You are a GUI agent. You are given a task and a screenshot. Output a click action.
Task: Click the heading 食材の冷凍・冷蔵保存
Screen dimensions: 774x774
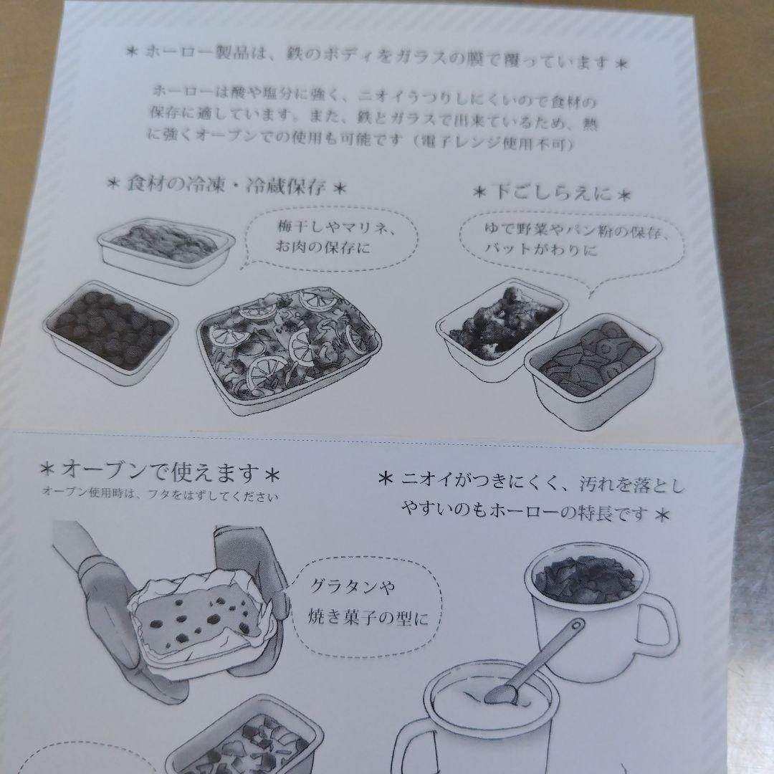pyautogui.click(x=226, y=188)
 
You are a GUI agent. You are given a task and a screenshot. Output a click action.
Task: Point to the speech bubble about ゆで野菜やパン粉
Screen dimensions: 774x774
pyautogui.click(x=566, y=242)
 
